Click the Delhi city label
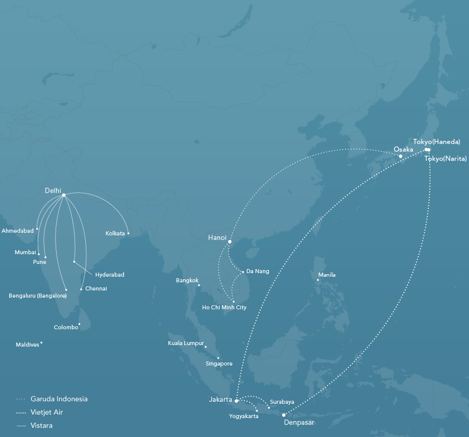point(53,190)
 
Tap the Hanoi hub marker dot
point(230,241)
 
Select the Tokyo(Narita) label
point(446,159)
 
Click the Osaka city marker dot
point(401,156)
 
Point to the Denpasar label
point(299,423)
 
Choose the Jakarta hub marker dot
point(236,401)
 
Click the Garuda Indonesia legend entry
point(59,399)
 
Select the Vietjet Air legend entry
point(46,412)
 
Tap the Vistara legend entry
point(41,425)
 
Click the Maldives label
point(28,345)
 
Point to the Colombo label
point(66,327)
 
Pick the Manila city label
point(327,275)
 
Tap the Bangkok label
point(187,280)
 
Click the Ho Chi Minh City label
point(224,307)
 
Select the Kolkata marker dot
point(128,233)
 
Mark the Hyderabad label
point(110,275)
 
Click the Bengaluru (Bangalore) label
point(38,296)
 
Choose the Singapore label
point(219,363)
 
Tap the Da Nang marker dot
point(243,272)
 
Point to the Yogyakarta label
point(244,417)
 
